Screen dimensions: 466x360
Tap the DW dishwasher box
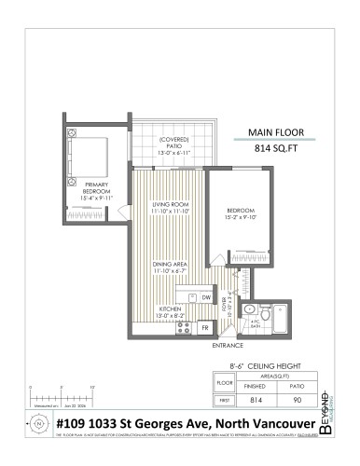point(206,297)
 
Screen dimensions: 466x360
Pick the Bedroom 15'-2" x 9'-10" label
point(240,212)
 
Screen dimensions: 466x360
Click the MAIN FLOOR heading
point(273,132)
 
